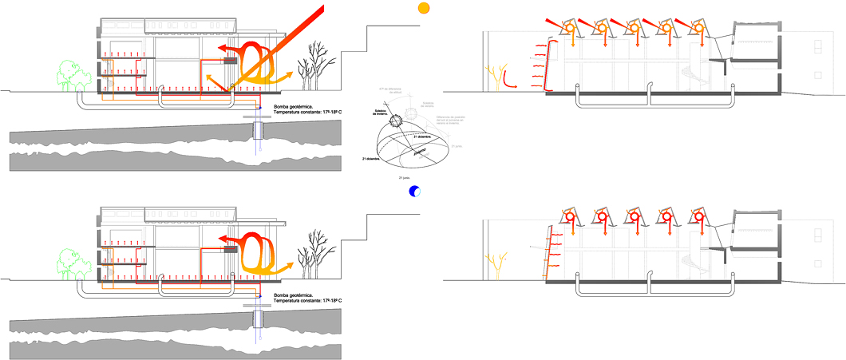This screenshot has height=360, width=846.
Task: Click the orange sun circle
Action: coord(424,8)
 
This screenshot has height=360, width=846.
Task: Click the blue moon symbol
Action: coord(414,192)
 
